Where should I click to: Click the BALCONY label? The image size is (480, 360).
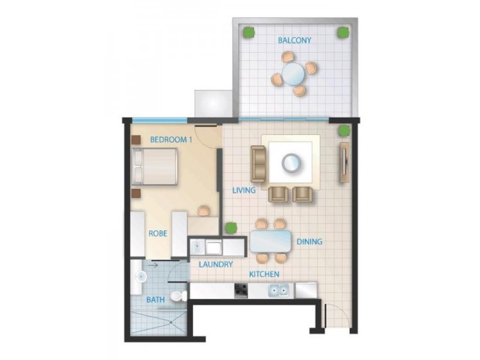(293, 40)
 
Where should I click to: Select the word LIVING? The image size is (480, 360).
(244, 191)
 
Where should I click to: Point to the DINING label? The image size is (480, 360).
(310, 242)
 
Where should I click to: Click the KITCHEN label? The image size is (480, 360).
(265, 274)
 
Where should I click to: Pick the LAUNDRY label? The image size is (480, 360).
(215, 263)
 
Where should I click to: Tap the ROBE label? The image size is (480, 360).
(158, 233)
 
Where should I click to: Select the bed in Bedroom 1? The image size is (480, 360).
(156, 166)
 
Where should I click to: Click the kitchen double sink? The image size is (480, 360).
(278, 291)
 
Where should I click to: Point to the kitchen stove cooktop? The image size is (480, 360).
(241, 290)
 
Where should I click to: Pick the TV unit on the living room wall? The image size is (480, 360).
(344, 162)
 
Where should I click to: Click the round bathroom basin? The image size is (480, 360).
(140, 276)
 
